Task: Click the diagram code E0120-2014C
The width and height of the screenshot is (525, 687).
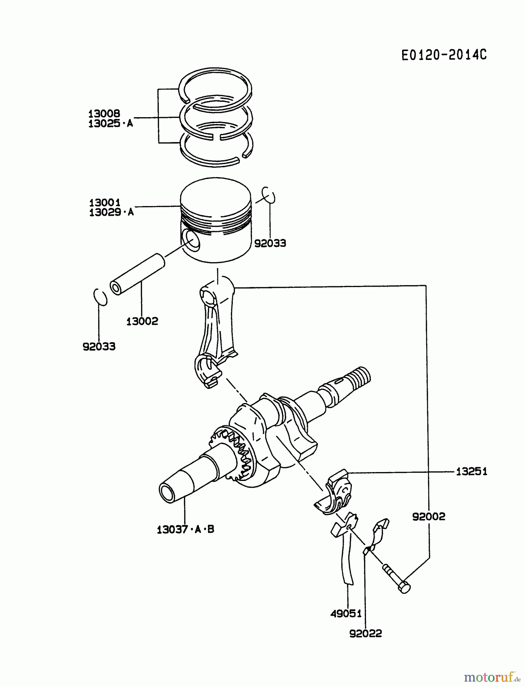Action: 444,55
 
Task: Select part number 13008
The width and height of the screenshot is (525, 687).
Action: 104,113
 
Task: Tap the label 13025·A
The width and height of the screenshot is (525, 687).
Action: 111,123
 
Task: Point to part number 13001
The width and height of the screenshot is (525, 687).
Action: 105,202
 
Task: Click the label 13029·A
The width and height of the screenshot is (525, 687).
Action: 111,212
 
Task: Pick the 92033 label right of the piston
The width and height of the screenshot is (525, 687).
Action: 270,243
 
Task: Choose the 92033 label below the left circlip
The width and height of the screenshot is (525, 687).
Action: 99,347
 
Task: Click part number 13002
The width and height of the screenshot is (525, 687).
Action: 142,321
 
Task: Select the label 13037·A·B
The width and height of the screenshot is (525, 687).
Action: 185,529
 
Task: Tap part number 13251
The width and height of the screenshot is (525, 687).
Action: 472,472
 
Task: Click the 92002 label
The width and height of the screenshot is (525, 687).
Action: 428,517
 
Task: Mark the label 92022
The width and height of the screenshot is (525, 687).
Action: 365,634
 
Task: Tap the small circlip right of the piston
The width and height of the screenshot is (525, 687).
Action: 269,195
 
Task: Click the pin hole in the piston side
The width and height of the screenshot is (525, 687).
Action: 191,241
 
